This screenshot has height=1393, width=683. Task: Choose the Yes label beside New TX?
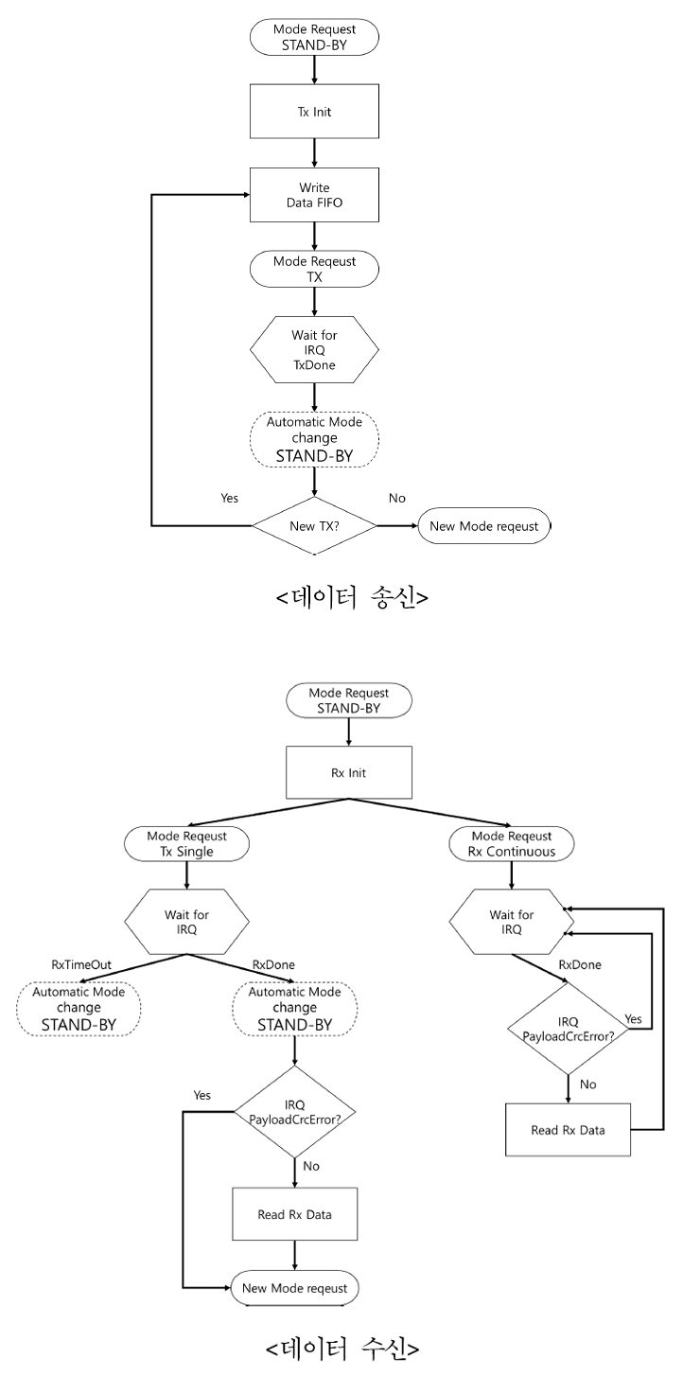230,498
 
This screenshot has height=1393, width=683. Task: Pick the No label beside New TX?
396,498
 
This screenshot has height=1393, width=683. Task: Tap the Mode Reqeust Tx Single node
187,844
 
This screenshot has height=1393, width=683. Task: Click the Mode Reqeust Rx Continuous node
512,844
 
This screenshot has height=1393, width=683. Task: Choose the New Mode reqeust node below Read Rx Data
295,1287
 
